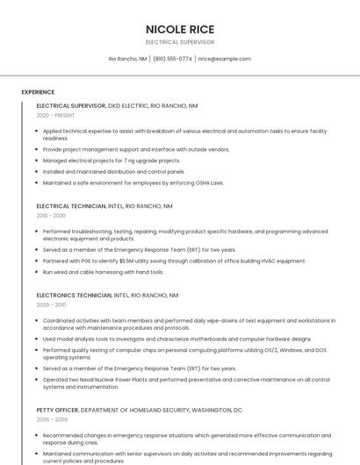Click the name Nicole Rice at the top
pos(180,29)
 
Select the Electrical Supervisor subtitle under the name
pos(180,42)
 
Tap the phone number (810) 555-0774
pos(173,59)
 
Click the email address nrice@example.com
pos(225,59)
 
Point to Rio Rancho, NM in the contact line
pos(128,59)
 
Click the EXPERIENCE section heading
pos(38,92)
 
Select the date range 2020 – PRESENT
pos(55,115)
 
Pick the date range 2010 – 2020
pos(51,215)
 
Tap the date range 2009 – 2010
pos(51,304)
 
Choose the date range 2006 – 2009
pos(51,419)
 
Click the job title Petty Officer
pos(57,410)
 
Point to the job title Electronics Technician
pos(74,295)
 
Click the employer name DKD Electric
pos(126,105)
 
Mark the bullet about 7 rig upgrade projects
pos(112,161)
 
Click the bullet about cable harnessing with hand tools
pos(103,272)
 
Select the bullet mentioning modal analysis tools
pos(176,339)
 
